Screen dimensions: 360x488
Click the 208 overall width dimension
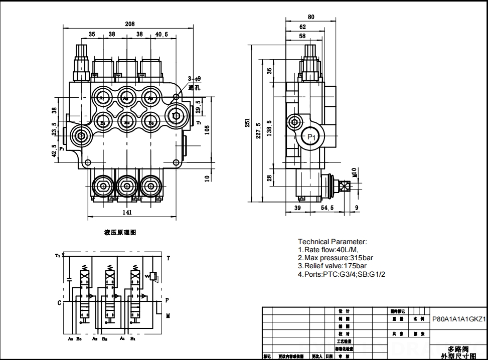[129, 24]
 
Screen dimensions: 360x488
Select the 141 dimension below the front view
[127, 213]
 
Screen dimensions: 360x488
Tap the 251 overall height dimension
[247, 122]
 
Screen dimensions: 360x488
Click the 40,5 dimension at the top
[161, 35]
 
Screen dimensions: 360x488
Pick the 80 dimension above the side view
[311, 17]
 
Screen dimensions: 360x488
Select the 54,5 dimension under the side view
[328, 208]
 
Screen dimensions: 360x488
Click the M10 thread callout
[354, 172]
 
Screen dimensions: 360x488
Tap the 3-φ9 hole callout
[194, 79]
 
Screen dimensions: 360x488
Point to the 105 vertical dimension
[207, 130]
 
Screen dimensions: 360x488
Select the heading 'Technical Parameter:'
[333, 242]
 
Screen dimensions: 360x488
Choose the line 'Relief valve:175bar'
[335, 266]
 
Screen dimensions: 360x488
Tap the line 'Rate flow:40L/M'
[329, 250]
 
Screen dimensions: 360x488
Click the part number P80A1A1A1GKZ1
[459, 319]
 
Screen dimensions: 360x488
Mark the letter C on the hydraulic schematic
[59, 303]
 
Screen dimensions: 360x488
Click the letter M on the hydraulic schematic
[168, 316]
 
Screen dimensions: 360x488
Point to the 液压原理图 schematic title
[120, 232]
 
